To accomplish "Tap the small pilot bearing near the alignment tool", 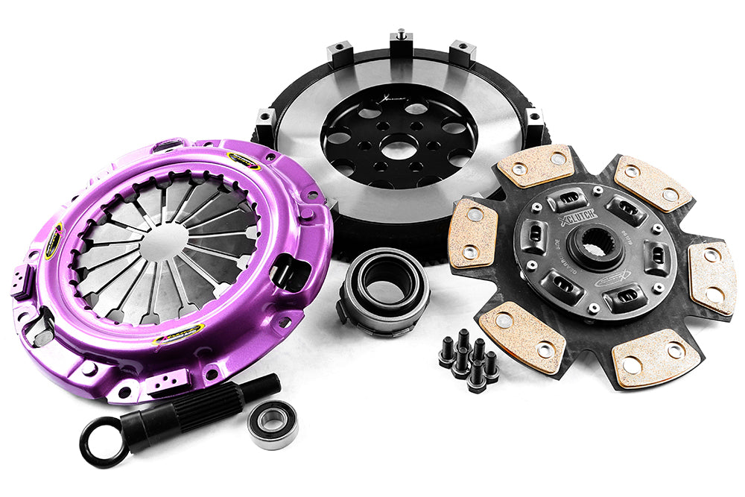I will (272, 424).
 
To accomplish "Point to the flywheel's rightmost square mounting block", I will (532, 117).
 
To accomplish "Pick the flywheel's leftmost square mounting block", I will (265, 121).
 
